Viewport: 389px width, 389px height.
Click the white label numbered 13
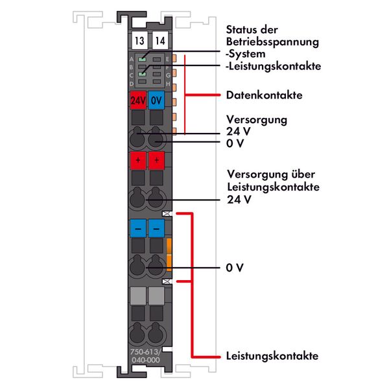click(x=138, y=40)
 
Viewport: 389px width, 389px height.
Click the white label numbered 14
click(x=157, y=40)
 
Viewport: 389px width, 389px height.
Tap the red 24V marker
click(x=138, y=100)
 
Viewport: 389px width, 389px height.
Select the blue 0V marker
click(x=156, y=100)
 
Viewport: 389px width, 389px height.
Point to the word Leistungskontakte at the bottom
click(x=272, y=357)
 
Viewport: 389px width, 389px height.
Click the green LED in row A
click(x=141, y=58)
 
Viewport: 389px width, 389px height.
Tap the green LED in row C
click(x=141, y=75)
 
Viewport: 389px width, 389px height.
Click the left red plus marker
click(x=138, y=159)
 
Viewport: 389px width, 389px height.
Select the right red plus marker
click(x=156, y=159)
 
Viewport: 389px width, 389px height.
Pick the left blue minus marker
click(x=138, y=228)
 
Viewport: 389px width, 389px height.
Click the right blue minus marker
click(x=156, y=228)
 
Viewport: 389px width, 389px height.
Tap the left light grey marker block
click(x=138, y=296)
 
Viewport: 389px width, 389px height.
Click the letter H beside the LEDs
click(x=167, y=84)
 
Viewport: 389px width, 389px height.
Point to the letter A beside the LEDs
click(x=132, y=58)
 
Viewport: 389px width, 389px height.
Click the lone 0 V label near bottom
click(x=235, y=267)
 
